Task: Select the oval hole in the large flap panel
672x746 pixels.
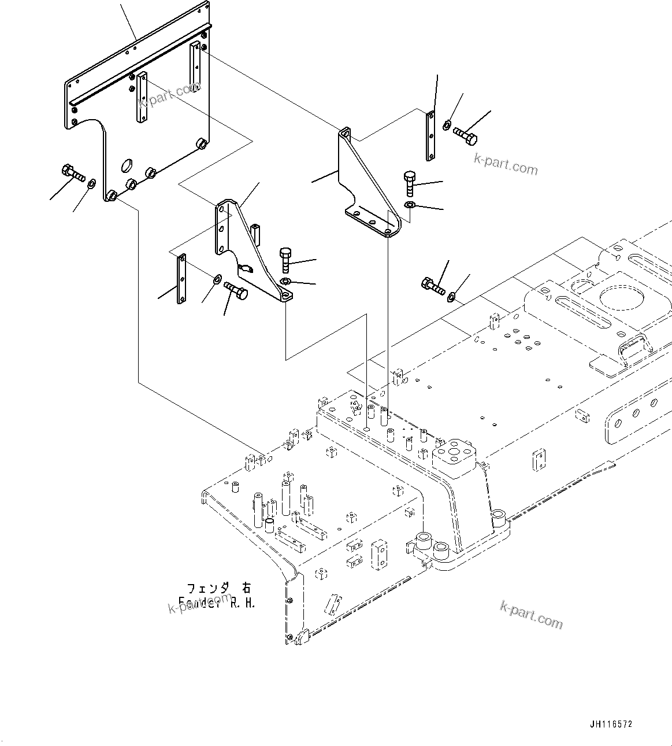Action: [126, 165]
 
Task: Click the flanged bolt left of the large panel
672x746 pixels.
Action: [72, 173]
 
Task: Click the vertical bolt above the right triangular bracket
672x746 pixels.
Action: [409, 183]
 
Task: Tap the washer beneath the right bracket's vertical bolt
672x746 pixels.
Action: [409, 205]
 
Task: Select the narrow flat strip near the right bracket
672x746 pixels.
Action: [430, 136]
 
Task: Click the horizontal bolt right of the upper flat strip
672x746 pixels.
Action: [465, 136]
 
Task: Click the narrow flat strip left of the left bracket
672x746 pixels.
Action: [181, 279]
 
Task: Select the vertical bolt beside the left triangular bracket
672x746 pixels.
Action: [285, 260]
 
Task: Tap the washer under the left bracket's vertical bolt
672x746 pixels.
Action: [285, 282]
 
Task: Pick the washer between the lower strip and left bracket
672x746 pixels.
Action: [216, 279]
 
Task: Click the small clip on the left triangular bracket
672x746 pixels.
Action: [246, 267]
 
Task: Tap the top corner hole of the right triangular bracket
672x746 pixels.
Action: [345, 134]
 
